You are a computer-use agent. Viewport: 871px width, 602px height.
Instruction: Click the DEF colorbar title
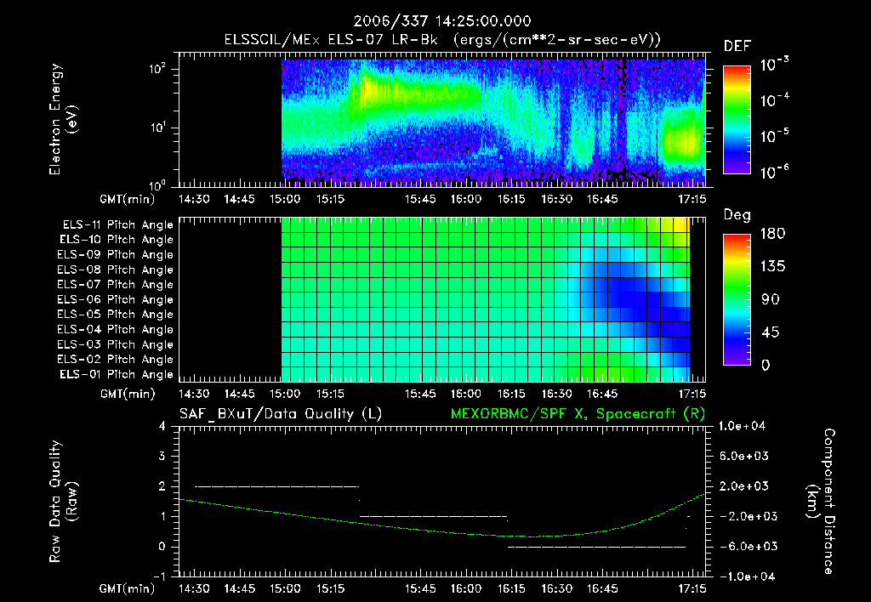(x=737, y=46)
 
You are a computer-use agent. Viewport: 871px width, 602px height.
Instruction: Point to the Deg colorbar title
(x=737, y=215)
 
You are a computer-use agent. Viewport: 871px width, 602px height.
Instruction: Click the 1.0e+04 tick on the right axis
(x=745, y=426)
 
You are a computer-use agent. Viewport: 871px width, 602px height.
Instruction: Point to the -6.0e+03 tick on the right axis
(x=745, y=546)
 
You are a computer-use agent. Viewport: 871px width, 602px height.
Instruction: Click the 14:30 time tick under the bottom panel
(x=196, y=588)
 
